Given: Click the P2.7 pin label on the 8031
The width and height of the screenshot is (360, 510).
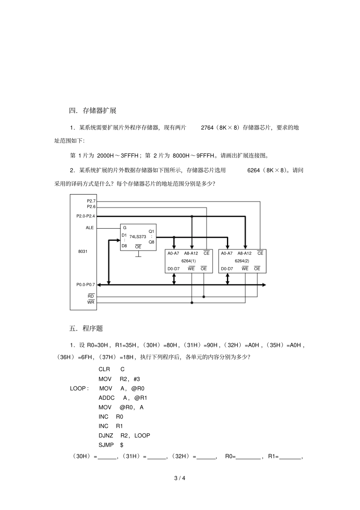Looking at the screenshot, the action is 91,201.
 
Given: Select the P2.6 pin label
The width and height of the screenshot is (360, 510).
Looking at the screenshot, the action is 91,207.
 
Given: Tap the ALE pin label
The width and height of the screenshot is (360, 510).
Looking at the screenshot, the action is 89,228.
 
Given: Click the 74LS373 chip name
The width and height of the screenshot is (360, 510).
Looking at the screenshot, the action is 138,237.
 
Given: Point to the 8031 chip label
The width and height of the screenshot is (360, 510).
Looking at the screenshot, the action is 83,251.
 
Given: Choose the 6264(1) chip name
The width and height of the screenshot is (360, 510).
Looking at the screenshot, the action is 189,261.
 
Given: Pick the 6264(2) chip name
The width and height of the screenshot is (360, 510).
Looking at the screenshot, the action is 242,261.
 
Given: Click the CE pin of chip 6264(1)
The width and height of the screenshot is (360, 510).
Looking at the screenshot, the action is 207,253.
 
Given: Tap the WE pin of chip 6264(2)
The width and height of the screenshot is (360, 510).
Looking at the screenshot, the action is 245,268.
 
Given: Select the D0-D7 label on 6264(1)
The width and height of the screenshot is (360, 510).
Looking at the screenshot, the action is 174,269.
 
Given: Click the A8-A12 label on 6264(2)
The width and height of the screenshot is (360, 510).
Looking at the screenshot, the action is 244,253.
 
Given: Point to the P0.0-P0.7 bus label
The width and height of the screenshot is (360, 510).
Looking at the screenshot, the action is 86,285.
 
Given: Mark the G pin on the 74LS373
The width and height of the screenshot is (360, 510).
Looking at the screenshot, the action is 125,228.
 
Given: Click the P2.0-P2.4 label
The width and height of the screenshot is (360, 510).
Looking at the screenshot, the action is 86,216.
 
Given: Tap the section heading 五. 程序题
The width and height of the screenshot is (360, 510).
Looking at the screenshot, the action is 86,328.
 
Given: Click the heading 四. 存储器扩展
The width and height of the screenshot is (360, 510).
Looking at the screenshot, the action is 92,111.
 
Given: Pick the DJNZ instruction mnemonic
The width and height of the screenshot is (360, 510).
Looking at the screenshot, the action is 106,435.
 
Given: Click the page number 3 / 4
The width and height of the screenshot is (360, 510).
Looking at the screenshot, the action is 180,478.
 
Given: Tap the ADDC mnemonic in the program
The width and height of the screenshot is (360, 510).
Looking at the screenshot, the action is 106,398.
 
